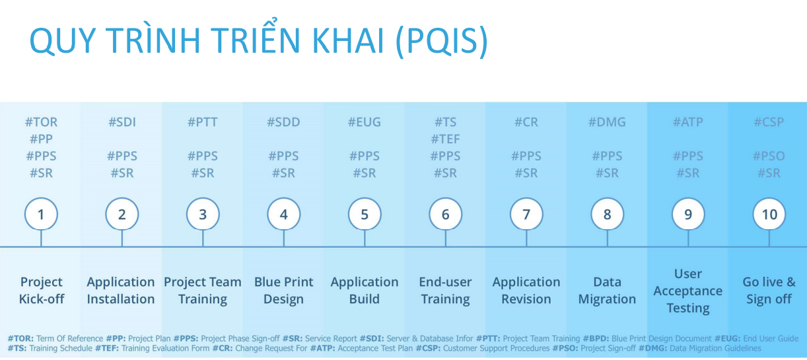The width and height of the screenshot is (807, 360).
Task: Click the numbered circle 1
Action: [41, 214]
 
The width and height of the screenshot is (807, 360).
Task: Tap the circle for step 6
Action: [445, 214]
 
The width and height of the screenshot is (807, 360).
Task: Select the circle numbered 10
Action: [769, 214]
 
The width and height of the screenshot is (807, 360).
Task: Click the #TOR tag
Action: [41, 122]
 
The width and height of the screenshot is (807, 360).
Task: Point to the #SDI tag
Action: [122, 122]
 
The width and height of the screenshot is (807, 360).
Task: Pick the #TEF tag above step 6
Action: [445, 139]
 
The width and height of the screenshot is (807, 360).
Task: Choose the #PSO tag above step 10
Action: [769, 156]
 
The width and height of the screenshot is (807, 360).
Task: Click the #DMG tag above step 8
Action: [607, 122]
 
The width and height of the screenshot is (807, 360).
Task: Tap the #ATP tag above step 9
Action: [688, 122]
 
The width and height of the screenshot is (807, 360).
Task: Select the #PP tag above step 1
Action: [41, 139]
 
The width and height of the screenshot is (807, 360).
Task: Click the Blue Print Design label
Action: [283, 291]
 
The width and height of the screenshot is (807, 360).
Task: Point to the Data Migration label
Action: [607, 291]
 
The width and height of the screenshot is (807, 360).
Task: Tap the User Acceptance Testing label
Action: [688, 291]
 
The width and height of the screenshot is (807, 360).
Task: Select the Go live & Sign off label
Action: [769, 291]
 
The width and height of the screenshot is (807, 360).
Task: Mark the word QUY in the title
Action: [63, 40]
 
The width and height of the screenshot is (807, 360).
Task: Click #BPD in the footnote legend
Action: [596, 339]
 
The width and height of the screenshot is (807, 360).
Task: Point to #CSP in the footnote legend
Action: [429, 349]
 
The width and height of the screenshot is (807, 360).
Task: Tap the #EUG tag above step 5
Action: [365, 122]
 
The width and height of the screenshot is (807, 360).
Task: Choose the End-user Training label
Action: [445, 291]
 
